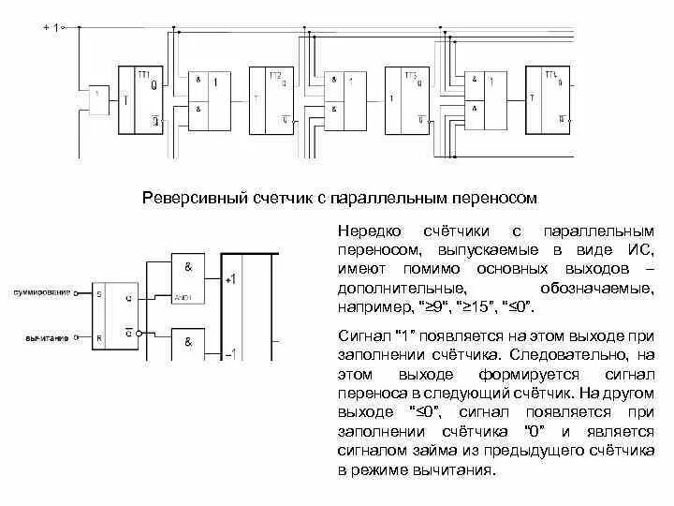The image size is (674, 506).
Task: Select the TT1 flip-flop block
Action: click(x=141, y=101)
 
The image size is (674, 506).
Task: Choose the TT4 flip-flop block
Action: click(x=549, y=101)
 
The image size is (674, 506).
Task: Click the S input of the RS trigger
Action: click(x=99, y=293)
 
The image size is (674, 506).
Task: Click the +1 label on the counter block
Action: click(x=230, y=279)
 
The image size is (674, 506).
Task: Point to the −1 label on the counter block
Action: click(x=230, y=353)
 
